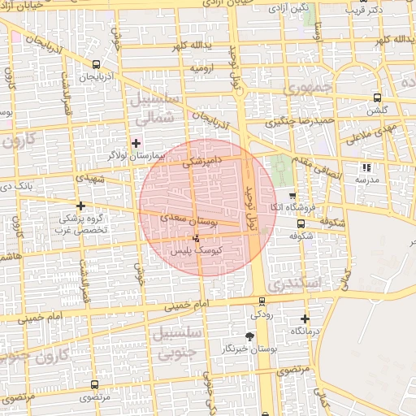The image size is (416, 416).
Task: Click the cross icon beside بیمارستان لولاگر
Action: (x=136, y=142)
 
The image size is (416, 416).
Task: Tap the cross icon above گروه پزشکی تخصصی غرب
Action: (x=80, y=206)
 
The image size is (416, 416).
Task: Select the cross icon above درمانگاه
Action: (x=305, y=319)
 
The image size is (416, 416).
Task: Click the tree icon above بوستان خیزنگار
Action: (x=249, y=336)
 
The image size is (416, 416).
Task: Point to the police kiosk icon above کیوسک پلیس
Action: (x=196, y=239)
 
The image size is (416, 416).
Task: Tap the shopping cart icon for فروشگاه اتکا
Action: (x=292, y=196)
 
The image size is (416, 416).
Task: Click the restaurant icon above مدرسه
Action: (x=366, y=167)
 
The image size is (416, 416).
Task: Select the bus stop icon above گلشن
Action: (x=376, y=98)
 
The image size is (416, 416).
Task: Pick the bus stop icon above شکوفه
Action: (x=301, y=223)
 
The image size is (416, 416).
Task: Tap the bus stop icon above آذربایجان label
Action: (x=97, y=64)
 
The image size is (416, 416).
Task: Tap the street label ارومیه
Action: (x=204, y=69)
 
